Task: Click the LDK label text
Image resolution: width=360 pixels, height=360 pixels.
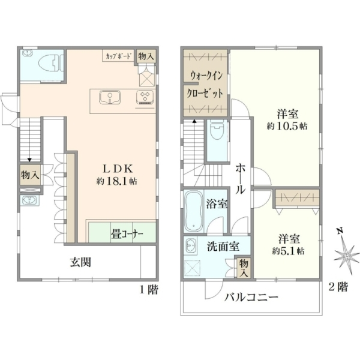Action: click(118, 169)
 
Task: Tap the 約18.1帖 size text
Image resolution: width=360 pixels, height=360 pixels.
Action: click(116, 181)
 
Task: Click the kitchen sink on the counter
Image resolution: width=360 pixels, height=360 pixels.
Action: click(110, 97)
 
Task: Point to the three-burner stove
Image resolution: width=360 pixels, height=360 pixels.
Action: click(145, 97)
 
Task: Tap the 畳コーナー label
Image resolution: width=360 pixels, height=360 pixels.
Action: click(127, 234)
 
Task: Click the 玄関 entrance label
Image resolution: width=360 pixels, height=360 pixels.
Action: click(80, 262)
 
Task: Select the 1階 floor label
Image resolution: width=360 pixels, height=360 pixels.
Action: click(149, 290)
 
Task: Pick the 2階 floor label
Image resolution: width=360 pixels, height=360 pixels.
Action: click(338, 287)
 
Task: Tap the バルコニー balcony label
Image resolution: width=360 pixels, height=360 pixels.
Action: click(251, 298)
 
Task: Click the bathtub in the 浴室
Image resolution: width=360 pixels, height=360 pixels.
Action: click(194, 211)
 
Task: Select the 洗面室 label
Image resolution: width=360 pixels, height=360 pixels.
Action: click(223, 247)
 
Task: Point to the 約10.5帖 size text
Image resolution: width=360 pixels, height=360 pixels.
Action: click(287, 126)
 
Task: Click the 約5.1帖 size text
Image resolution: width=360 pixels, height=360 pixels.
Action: click(289, 251)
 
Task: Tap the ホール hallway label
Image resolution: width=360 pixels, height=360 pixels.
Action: click(241, 178)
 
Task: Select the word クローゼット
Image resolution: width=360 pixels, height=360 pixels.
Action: click(205, 94)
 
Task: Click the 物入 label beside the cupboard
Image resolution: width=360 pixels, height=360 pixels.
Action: click(146, 56)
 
